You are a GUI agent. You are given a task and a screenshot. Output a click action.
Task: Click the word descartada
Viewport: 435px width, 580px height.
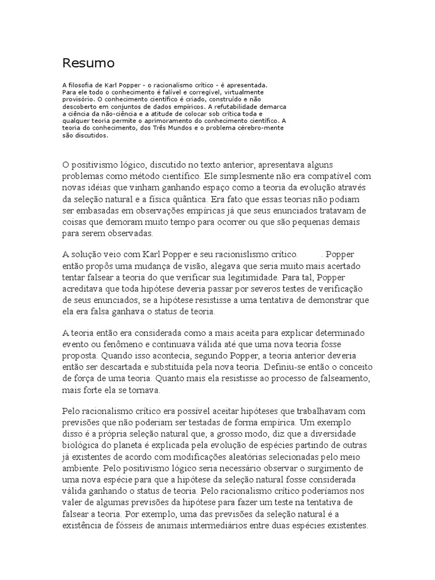pyautogui.click(x=126, y=367)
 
